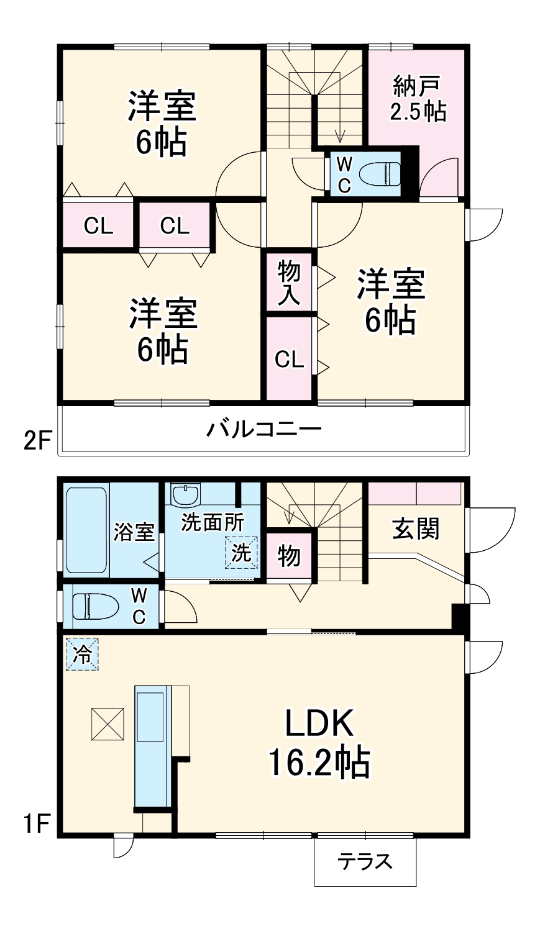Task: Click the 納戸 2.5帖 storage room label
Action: pos(417,98)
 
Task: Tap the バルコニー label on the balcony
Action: pos(264,429)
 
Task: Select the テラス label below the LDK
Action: pos(365,861)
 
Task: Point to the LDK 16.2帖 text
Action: pos(319,743)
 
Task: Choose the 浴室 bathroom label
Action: pos(134,532)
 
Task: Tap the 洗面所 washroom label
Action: pos(211,522)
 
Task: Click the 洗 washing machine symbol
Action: pos(240,552)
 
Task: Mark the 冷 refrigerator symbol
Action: pos(81,655)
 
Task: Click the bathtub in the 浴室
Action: pos(86,528)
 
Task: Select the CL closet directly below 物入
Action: pos(289,359)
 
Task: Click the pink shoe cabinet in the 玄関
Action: pos(415,493)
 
